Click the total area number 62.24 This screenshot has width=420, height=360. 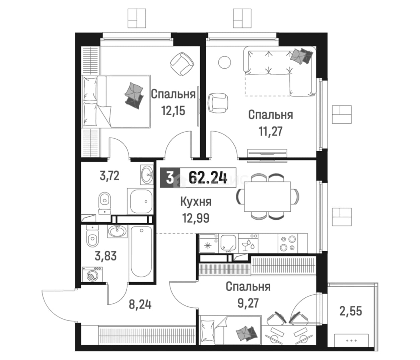click(x=208, y=178)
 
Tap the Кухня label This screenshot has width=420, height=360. click(x=196, y=202)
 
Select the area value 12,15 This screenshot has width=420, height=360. click(x=173, y=111)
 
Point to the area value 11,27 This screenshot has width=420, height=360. click(x=271, y=131)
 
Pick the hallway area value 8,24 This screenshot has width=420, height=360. click(x=140, y=305)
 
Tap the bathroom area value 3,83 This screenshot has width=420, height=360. click(x=106, y=256)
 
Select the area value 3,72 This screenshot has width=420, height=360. click(x=110, y=176)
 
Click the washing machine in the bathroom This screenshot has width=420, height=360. click(x=92, y=274)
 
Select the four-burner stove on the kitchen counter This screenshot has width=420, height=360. click(x=288, y=243)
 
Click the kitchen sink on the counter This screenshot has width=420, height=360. click(x=228, y=243)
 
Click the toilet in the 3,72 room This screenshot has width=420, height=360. click(x=104, y=203)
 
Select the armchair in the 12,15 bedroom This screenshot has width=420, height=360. click(x=182, y=64)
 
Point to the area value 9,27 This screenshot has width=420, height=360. click(x=248, y=303)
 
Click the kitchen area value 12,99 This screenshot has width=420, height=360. click(x=196, y=218)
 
